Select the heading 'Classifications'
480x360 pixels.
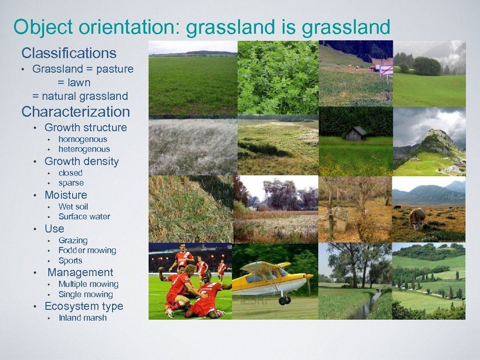coord(69,52)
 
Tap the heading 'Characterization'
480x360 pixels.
coord(75,112)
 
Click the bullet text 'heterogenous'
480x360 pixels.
coord(84,149)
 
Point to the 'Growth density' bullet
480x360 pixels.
coord(82,161)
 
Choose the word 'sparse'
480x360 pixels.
coord(71,183)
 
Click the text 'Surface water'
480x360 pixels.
coord(84,217)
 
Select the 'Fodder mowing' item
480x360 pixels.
coord(87,250)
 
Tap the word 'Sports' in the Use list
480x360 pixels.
coord(70,261)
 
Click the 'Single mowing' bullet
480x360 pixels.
coord(85,294)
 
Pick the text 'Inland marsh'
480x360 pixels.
coord(82,318)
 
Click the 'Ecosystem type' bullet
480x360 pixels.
coord(83,306)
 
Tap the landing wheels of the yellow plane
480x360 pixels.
coord(285,300)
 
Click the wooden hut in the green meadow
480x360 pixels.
coord(357,134)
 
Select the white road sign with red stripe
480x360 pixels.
coord(386,70)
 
